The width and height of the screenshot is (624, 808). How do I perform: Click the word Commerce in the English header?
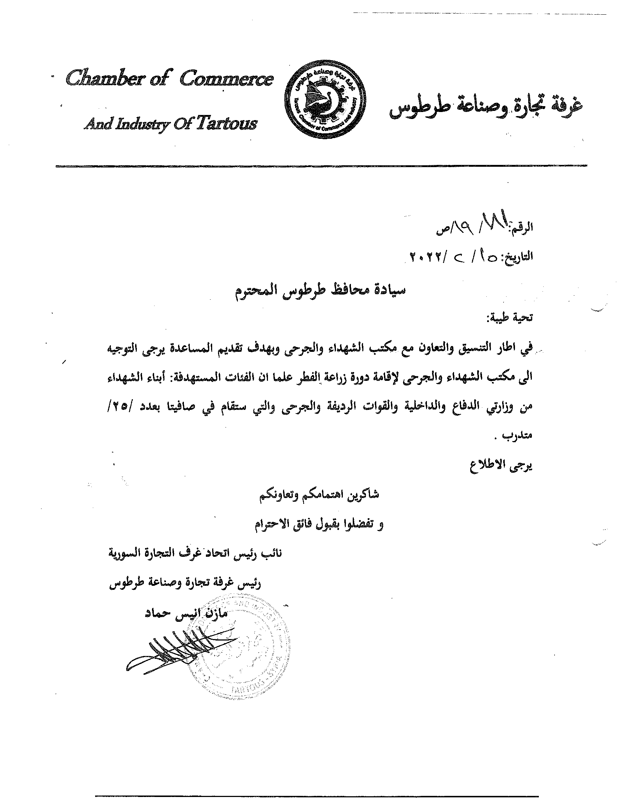click(x=226, y=79)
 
